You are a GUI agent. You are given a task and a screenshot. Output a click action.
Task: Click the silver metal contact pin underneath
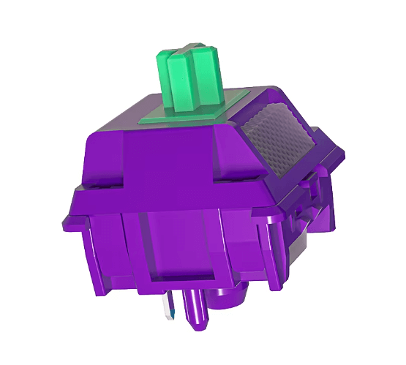coord(173,306)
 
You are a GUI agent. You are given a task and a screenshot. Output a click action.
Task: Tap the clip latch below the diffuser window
coord(307,187)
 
